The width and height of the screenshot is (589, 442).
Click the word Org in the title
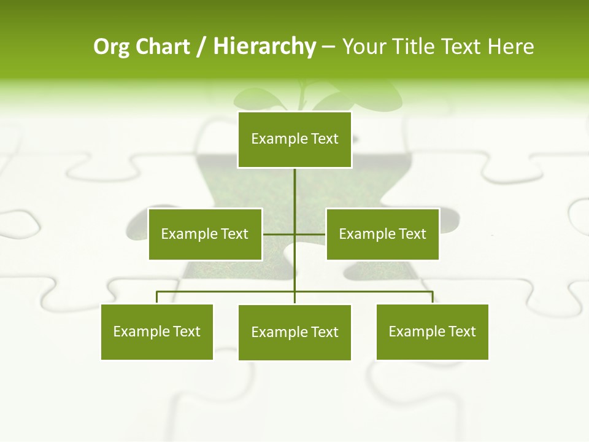(x=112, y=47)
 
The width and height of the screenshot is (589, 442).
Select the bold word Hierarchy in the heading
(x=264, y=47)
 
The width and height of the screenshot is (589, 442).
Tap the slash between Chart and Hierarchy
(x=201, y=47)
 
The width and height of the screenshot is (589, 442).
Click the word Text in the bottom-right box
(x=462, y=331)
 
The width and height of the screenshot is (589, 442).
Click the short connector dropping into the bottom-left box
(x=157, y=297)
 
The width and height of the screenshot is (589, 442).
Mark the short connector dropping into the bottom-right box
(x=433, y=297)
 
